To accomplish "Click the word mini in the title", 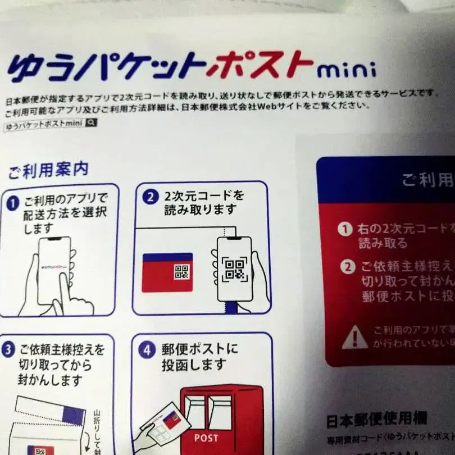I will (x=346, y=71).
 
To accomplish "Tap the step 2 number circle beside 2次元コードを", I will (x=149, y=197).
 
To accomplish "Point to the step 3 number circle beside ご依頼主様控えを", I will (x=8, y=350).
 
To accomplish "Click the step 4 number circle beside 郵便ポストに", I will (x=146, y=350).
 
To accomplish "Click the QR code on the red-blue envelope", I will (x=181, y=273).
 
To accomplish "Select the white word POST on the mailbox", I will (x=206, y=437).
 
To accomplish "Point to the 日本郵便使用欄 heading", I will (x=376, y=418).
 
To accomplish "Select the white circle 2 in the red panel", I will (x=349, y=266).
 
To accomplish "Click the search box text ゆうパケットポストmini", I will (x=44, y=126).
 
